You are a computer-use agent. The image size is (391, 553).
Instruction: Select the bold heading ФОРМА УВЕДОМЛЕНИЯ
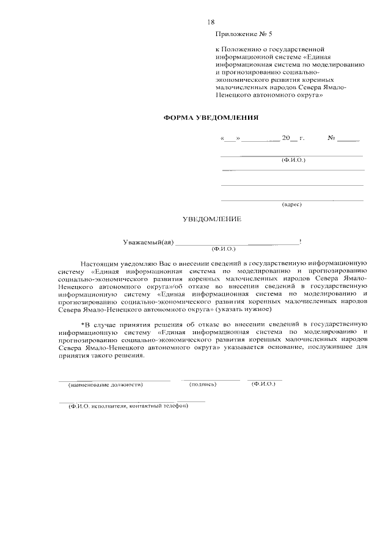(202, 117)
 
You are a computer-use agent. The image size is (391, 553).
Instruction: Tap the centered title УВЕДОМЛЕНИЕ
(213, 218)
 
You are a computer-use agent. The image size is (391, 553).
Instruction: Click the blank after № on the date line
(348, 139)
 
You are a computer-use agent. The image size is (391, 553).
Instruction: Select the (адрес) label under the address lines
(291, 204)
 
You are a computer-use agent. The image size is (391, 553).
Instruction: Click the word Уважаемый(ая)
(147, 243)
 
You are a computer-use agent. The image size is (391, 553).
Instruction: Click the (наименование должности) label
(106, 385)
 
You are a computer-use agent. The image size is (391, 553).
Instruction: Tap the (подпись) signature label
(204, 384)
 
